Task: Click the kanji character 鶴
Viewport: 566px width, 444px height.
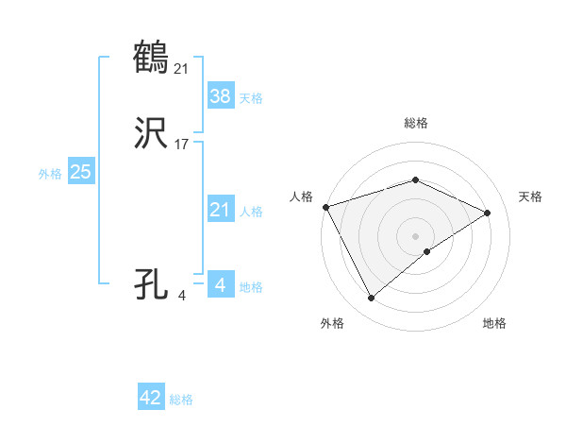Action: [152, 56]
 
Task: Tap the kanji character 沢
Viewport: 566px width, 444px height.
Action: [152, 132]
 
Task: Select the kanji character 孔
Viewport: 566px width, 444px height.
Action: [152, 282]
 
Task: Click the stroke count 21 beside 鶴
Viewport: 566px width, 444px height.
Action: [182, 67]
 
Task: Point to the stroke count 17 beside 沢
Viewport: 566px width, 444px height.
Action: [182, 144]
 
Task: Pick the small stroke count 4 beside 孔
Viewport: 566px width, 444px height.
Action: [182, 295]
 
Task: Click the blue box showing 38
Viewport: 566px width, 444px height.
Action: [220, 95]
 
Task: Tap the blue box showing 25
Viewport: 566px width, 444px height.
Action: [80, 172]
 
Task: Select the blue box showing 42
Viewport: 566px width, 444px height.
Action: [151, 398]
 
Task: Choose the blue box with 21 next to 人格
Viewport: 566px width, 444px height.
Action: [220, 210]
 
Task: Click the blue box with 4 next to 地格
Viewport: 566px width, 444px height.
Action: [220, 285]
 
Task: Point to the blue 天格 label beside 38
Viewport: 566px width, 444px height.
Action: [250, 98]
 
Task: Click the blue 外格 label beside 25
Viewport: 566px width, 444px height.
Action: [50, 174]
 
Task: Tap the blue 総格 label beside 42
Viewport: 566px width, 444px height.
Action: [181, 400]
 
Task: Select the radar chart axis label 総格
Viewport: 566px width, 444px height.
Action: [416, 123]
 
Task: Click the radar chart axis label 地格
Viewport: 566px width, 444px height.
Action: [494, 323]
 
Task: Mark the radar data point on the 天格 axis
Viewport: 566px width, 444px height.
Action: [488, 213]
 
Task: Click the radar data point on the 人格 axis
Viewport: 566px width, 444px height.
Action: [325, 207]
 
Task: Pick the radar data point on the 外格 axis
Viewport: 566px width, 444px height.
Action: [371, 299]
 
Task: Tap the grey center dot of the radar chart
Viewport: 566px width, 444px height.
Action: [416, 236]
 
